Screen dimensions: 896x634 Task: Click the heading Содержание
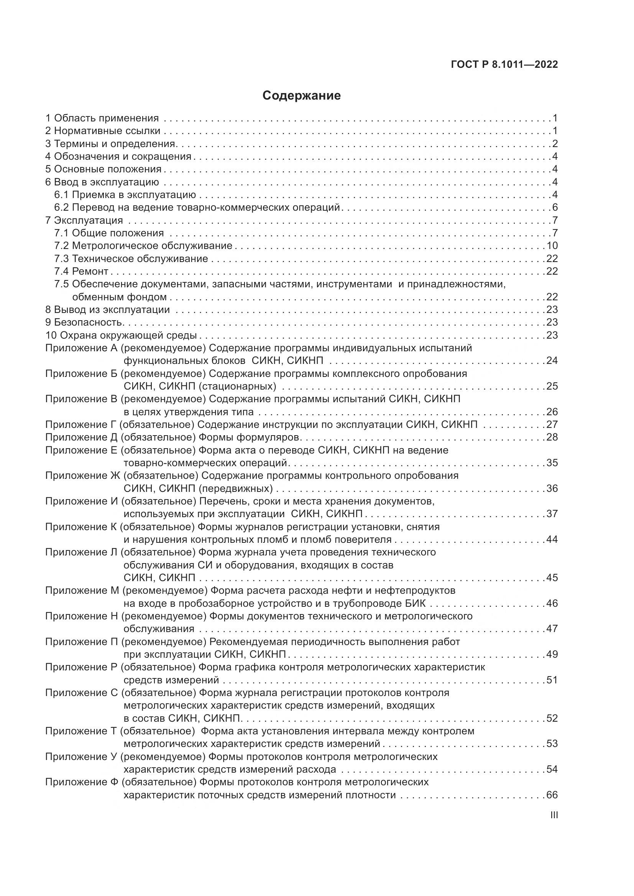click(x=301, y=96)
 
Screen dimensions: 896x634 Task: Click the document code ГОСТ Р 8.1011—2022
click(x=504, y=64)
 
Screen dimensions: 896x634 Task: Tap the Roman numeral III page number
click(x=554, y=815)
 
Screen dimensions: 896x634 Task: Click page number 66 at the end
click(x=552, y=795)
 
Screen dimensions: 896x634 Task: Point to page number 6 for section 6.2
click(x=555, y=207)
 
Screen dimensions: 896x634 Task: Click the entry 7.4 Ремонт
click(x=81, y=271)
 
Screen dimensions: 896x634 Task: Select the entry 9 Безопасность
click(x=85, y=322)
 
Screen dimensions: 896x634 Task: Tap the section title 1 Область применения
click(x=102, y=118)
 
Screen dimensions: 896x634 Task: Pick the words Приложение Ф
click(x=82, y=782)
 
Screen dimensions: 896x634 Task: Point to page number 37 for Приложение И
click(x=552, y=514)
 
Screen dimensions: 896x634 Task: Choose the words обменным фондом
click(x=120, y=297)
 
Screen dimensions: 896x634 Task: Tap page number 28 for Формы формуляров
click(x=552, y=437)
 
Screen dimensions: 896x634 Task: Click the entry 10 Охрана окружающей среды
click(x=121, y=335)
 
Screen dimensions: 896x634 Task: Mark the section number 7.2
click(x=62, y=246)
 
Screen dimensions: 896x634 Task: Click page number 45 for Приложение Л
click(x=552, y=578)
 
